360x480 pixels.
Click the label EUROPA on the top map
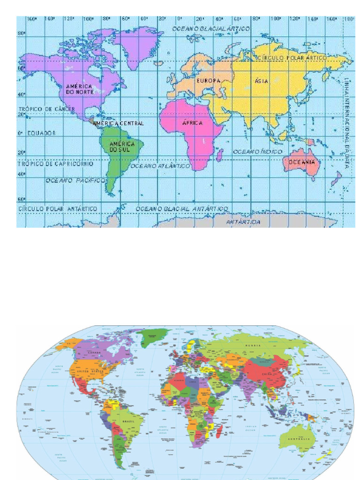pos(208,81)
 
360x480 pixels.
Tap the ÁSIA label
pos(262,81)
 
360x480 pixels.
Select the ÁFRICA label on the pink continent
pos(192,123)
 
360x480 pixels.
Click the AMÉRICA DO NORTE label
pos(80,89)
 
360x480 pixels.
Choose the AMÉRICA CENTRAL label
pos(118,123)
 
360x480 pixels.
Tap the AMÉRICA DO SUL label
pos(122,147)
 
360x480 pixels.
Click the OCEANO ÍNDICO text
pos(258,152)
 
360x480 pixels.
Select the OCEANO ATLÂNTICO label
pos(160,166)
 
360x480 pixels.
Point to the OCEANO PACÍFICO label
pos(74,180)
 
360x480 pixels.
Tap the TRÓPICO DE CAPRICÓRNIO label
pos(55,164)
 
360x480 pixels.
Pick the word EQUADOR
pos(41,133)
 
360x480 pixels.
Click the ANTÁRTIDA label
pos(243,222)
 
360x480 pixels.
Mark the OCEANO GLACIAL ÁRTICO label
pos(211,29)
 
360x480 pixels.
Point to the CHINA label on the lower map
pos(266,374)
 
